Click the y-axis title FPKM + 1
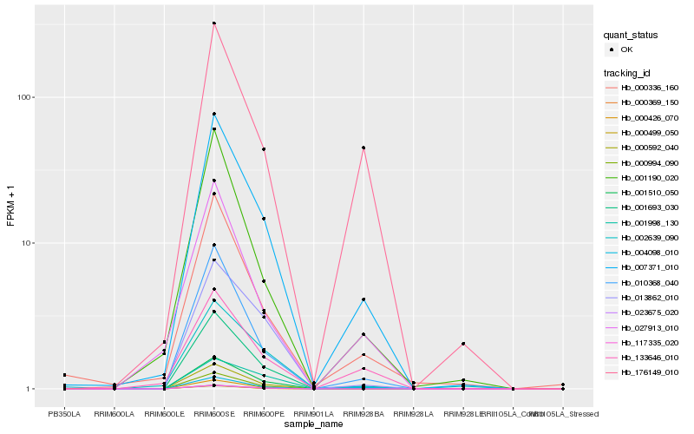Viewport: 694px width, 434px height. (x=11, y=207)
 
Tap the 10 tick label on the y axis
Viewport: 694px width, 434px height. (x=25, y=243)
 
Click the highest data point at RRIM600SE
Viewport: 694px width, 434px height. (x=213, y=23)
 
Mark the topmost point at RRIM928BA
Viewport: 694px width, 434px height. (x=363, y=148)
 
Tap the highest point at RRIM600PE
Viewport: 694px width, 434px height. (x=264, y=149)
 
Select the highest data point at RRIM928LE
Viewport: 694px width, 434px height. (x=463, y=344)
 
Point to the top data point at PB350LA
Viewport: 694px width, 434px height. (x=64, y=375)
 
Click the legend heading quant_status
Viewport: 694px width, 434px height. (x=631, y=36)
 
